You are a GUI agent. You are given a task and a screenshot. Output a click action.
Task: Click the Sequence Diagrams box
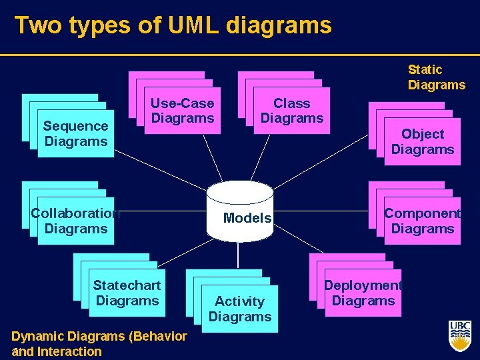pos(75,133)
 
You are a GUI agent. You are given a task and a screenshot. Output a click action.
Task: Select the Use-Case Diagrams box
pos(182,111)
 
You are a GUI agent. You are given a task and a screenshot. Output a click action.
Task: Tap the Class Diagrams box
pos(291,111)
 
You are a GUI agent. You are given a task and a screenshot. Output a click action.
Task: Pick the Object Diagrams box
pos(422,142)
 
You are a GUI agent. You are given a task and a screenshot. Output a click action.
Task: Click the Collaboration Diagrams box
pos(75,221)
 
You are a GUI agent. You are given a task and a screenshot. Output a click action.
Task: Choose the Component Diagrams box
pos(422,221)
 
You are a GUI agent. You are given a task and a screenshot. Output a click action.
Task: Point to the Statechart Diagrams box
pos(127,293)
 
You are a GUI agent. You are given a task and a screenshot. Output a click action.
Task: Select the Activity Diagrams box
pos(240,309)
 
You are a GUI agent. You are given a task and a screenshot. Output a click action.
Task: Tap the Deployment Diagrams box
pos(363,293)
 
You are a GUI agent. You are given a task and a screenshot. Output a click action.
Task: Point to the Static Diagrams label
pos(436,77)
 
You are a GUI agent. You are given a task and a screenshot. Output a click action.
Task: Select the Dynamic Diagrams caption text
pos(99,337)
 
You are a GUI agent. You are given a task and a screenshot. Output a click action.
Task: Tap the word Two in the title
pos(35,25)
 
